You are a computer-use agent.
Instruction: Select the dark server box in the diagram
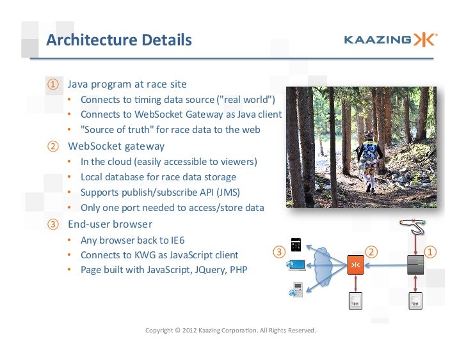pyautogui.click(x=416, y=264)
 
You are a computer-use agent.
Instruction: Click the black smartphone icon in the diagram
pyautogui.click(x=296, y=244)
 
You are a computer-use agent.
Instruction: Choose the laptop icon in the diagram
pyautogui.click(x=296, y=265)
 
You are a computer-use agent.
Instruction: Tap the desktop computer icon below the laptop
pyautogui.click(x=296, y=290)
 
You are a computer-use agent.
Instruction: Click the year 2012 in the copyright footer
pyautogui.click(x=191, y=331)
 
